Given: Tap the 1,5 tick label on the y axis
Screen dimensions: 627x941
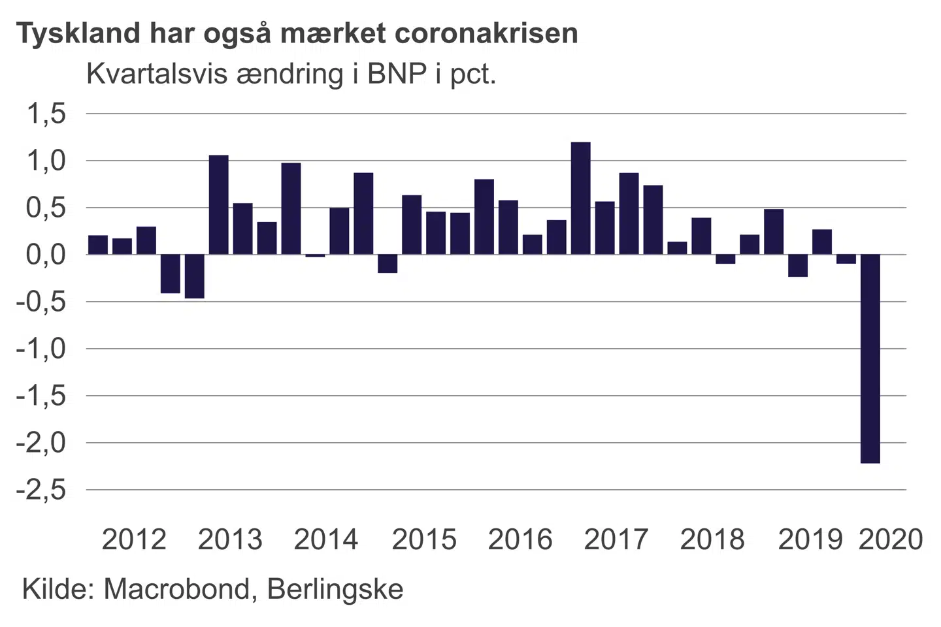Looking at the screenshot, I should [46, 114].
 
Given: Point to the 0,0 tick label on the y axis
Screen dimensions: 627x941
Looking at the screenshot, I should [46, 255].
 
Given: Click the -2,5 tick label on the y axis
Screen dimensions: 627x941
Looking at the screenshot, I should [41, 489].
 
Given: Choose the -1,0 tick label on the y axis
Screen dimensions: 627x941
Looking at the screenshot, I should [41, 349].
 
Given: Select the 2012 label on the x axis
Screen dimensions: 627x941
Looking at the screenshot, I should [134, 539].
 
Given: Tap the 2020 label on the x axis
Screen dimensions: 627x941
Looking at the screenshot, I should [890, 539].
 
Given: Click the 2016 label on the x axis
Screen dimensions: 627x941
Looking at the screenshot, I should [520, 539].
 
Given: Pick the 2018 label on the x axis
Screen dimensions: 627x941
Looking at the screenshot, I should [712, 539].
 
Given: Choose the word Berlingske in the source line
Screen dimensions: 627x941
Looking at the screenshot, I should [335, 589].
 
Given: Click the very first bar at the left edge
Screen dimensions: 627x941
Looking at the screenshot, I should [98, 245].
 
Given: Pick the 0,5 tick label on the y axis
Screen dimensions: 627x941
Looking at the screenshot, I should [46, 208].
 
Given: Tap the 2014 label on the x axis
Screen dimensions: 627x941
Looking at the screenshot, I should [326, 539].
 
